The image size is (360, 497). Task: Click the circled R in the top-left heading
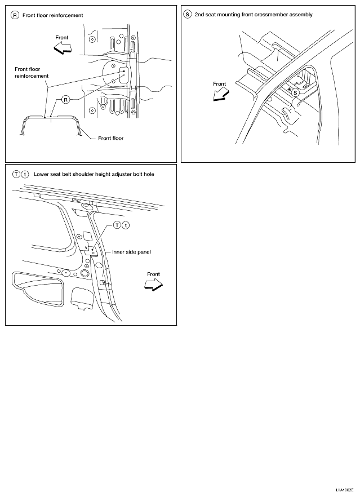point(15,15)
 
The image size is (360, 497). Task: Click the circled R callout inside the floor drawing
point(65,100)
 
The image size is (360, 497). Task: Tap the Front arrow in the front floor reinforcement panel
point(63,48)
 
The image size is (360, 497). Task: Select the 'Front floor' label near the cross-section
point(110,138)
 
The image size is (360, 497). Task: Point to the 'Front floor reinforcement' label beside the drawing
point(32,73)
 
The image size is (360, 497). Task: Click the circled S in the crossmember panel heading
point(188,15)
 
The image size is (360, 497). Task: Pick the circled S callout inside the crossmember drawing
point(295,93)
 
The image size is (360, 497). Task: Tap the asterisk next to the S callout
point(289,90)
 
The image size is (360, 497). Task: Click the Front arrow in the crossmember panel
point(221,95)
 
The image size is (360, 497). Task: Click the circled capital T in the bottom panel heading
point(16,174)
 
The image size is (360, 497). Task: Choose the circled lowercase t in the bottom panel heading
point(25,174)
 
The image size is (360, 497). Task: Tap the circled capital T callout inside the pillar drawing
point(117,225)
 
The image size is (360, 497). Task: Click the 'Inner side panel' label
point(131,252)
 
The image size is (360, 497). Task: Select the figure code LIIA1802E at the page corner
point(344,490)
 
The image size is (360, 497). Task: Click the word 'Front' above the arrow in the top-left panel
point(62,37)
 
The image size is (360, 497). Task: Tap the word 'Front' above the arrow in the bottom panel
point(153,274)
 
